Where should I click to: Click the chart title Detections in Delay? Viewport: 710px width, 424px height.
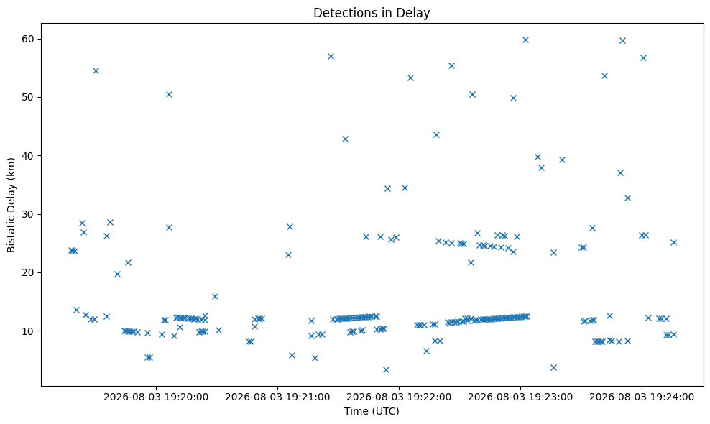click(372, 13)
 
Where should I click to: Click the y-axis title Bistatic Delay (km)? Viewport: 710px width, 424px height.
click(11, 205)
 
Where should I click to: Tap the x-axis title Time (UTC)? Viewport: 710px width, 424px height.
click(372, 411)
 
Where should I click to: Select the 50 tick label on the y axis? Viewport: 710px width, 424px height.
click(28, 98)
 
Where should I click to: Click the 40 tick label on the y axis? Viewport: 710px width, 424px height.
click(28, 156)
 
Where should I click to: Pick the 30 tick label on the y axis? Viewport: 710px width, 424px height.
click(28, 214)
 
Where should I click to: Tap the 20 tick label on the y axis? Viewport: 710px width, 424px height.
click(28, 272)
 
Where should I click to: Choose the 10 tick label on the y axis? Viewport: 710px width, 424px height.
click(28, 331)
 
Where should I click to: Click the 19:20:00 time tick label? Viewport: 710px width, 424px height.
click(156, 397)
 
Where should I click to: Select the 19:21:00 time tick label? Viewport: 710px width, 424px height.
click(277, 397)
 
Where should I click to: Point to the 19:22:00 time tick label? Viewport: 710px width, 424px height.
click(399, 397)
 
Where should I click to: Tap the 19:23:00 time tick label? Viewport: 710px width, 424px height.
click(520, 397)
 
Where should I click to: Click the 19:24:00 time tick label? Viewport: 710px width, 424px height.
click(642, 397)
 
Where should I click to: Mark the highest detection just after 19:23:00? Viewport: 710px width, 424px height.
click(526, 40)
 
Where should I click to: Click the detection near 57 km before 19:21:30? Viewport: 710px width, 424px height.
click(331, 57)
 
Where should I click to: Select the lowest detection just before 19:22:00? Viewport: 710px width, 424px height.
click(386, 369)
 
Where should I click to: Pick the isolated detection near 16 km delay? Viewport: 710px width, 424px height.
click(215, 297)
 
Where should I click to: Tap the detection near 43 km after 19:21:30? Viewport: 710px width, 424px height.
click(345, 139)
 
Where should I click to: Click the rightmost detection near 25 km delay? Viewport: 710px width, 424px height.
click(674, 242)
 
